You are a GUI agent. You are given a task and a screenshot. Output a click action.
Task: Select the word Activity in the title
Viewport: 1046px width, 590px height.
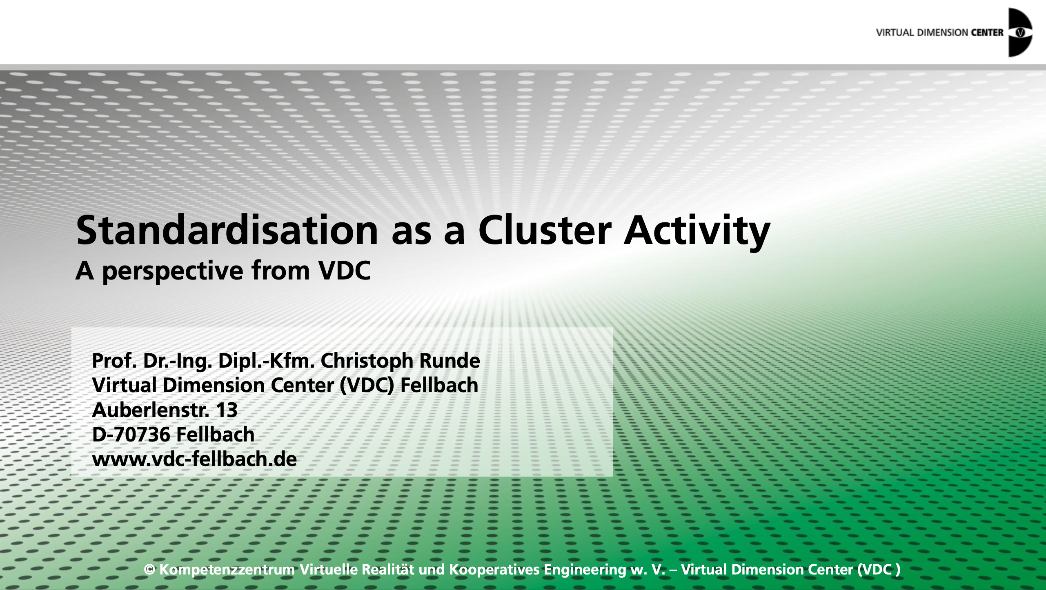click(697, 233)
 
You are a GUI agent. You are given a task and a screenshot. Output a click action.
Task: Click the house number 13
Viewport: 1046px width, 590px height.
click(227, 410)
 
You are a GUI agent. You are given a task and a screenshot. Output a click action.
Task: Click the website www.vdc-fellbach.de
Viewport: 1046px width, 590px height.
click(194, 459)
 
